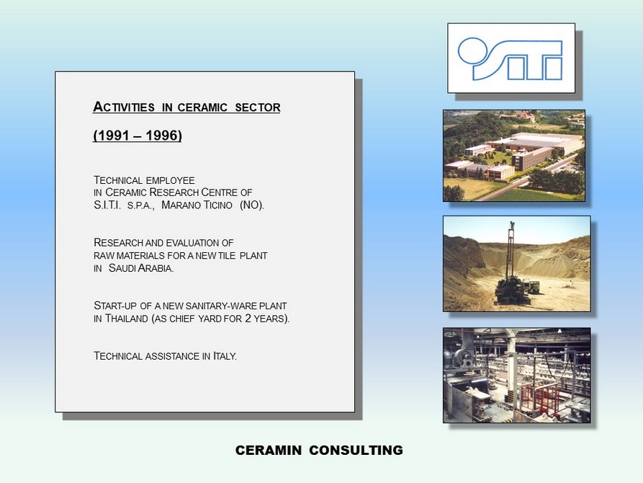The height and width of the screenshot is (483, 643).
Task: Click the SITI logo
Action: point(510,58)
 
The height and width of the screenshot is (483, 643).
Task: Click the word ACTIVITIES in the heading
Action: point(124,107)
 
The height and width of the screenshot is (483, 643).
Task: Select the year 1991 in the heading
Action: point(112,135)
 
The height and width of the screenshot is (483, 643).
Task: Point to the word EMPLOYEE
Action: point(170,180)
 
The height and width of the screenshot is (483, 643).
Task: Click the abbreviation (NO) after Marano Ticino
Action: point(252,205)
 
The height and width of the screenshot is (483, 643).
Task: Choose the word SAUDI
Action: point(122,268)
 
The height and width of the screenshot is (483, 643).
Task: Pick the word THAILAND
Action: point(126,319)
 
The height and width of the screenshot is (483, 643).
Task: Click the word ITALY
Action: point(225,356)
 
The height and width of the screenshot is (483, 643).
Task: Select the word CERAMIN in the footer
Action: point(269,450)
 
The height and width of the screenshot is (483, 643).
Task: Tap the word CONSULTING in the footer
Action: point(356,450)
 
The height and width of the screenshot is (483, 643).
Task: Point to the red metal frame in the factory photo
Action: point(539,399)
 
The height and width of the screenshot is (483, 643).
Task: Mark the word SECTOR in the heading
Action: point(258,107)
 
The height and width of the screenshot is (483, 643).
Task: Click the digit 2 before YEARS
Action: point(248,319)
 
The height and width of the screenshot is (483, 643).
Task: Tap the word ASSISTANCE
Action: point(172,356)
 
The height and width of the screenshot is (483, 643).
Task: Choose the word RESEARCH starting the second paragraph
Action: point(118,243)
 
